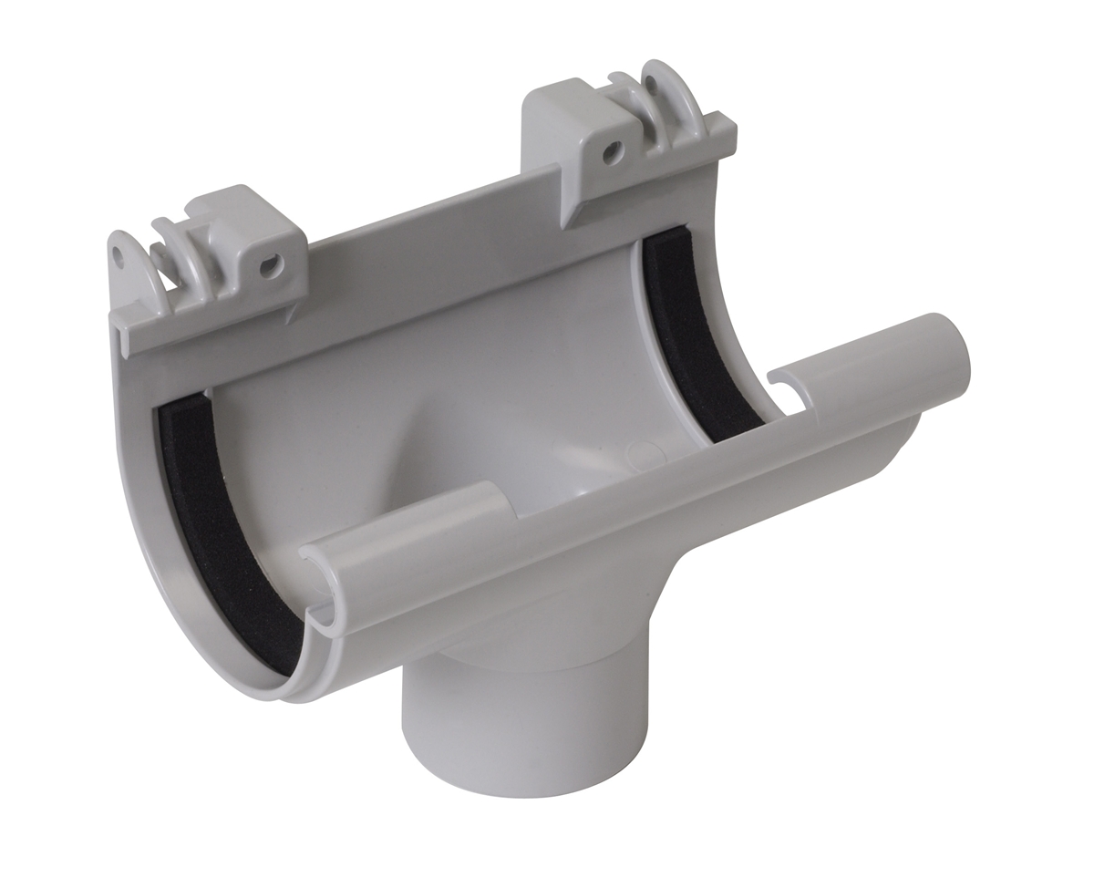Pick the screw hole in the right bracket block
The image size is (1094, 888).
tap(613, 150)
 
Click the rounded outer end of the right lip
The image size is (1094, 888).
tap(953, 351)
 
